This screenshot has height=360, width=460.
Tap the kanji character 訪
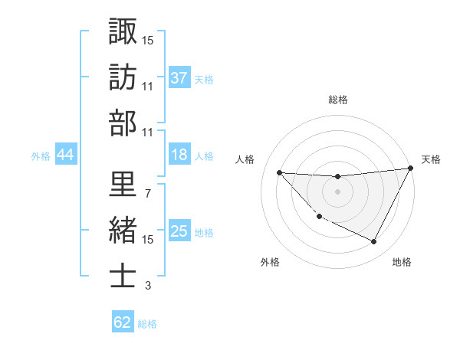123,77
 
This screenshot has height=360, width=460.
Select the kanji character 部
123,123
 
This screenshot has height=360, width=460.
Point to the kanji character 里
123,185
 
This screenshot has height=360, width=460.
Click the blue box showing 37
179,77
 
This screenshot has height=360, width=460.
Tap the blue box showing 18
179,155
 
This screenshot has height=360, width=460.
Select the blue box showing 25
179,231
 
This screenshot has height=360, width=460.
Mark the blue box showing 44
65,155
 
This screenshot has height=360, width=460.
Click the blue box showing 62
123,322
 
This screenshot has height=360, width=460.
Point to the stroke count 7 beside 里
147,193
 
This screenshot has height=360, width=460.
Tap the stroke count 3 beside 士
147,286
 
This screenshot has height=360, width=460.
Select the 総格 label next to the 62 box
147,324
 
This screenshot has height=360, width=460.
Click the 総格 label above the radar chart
337,100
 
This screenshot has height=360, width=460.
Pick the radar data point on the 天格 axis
411,169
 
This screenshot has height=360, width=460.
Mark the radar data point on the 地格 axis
374,242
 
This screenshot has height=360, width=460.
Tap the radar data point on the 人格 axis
279,172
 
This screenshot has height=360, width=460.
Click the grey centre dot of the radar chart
337,191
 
